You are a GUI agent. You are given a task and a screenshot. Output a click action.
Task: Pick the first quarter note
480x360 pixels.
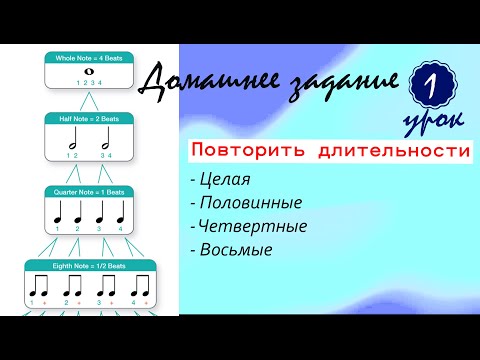(59, 213)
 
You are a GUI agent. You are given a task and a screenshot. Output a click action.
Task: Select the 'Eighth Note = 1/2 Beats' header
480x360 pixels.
(89, 266)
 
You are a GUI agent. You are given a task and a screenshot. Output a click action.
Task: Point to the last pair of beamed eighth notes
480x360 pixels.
(140, 287)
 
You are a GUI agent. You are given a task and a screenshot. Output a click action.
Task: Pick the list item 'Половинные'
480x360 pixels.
(244, 203)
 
